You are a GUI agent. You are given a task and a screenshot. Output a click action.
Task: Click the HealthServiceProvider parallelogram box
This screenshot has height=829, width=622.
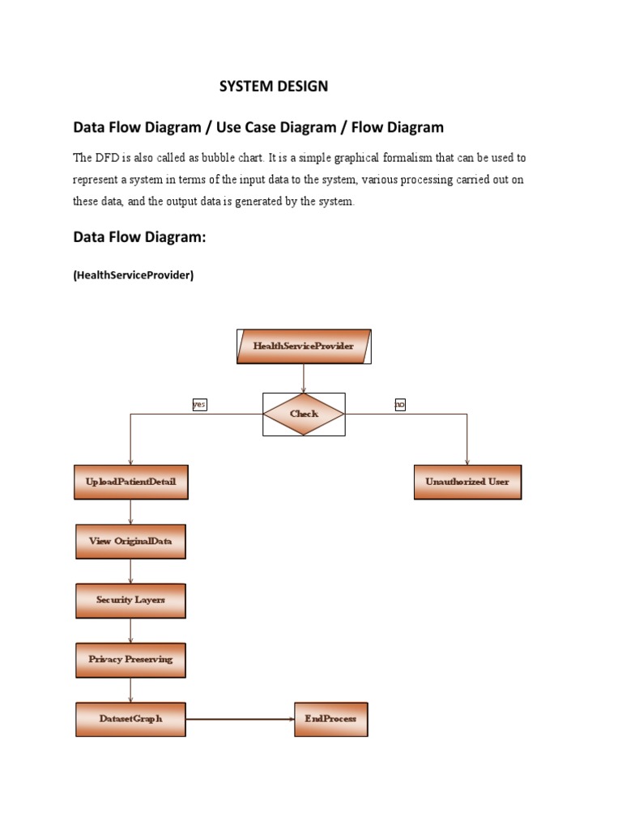[x=304, y=346]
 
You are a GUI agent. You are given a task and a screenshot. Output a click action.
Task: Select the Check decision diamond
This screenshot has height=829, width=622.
[x=304, y=414]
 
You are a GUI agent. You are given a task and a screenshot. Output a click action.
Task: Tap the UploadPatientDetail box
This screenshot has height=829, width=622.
[x=130, y=482]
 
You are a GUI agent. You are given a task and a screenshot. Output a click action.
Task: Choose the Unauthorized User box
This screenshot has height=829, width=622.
[x=467, y=482]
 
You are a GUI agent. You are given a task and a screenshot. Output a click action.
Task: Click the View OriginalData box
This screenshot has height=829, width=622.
[x=130, y=541]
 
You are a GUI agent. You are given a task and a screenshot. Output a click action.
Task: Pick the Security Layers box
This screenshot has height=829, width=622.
[x=130, y=600]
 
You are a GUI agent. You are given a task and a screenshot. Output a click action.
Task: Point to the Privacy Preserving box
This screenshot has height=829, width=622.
[x=130, y=660]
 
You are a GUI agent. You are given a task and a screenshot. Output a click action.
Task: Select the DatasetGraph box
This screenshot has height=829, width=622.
[x=130, y=719]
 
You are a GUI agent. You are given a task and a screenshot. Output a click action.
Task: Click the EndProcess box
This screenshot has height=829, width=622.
[x=330, y=719]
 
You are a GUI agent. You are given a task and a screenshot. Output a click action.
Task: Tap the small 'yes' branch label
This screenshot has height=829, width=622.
[x=199, y=404]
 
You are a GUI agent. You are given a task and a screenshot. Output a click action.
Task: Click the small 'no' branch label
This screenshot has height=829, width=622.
[x=400, y=404]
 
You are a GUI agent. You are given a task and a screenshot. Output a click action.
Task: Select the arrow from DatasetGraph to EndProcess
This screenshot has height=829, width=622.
[x=240, y=719]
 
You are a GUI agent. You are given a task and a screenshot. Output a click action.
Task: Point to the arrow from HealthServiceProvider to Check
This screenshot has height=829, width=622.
[x=304, y=377]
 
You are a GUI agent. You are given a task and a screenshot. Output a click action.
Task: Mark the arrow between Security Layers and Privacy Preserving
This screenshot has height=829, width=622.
[x=130, y=630]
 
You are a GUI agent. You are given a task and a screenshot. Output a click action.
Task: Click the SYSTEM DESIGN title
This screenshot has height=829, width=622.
[x=274, y=87]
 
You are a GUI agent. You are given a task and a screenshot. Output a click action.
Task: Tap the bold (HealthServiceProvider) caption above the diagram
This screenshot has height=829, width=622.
[x=134, y=275]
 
